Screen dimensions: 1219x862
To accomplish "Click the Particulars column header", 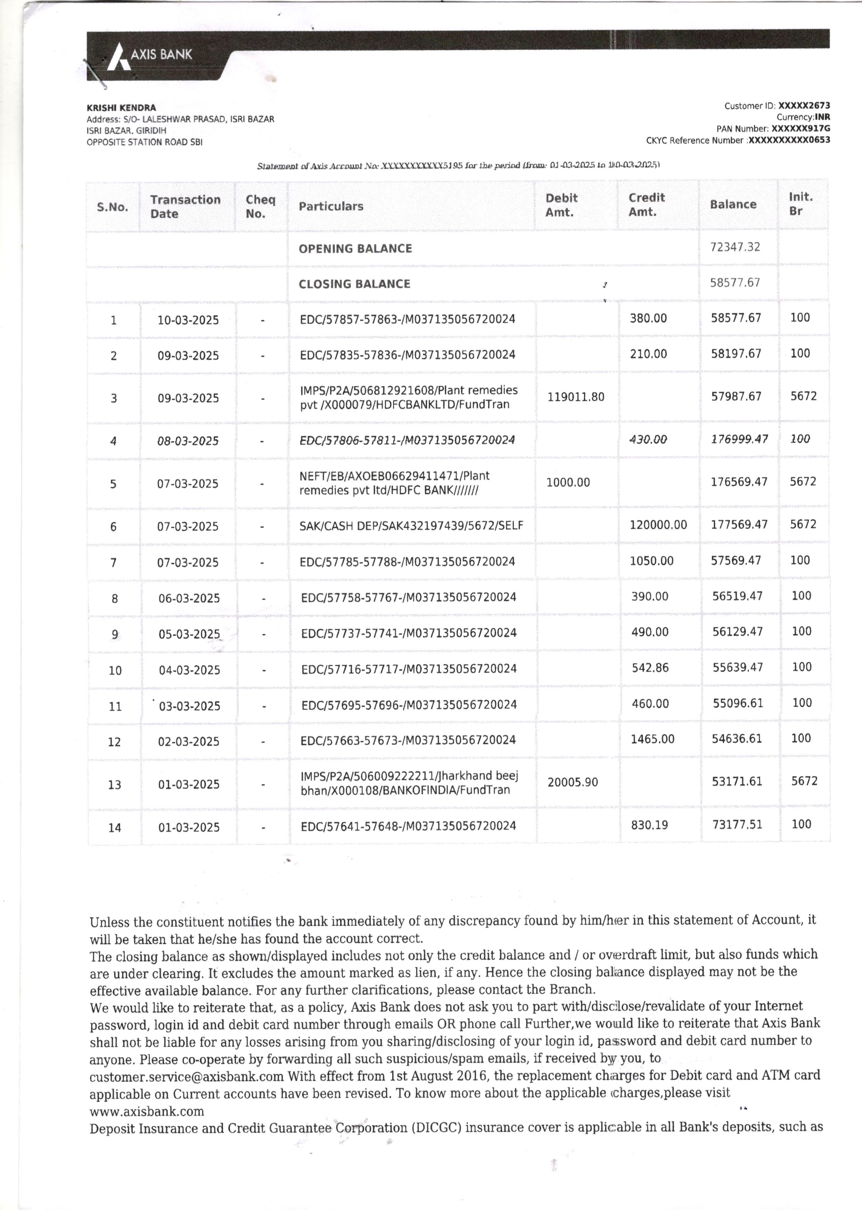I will [x=331, y=206].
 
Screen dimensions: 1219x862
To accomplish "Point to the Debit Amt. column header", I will [x=561, y=205].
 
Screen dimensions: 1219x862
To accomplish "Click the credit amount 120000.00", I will [x=658, y=525].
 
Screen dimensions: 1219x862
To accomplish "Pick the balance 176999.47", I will [x=739, y=439].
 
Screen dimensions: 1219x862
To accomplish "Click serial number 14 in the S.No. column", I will [x=115, y=827].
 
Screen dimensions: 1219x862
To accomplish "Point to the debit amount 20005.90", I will [x=572, y=782].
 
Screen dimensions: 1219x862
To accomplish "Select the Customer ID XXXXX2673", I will [x=804, y=106].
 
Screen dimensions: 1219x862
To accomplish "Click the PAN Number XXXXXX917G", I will [x=801, y=129].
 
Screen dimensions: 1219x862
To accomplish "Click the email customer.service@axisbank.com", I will [x=186, y=1077].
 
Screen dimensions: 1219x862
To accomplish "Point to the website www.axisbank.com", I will [x=147, y=1111].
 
